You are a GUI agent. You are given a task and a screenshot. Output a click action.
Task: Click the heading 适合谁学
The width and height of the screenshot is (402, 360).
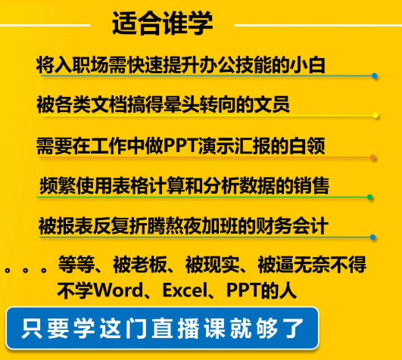tap(163, 23)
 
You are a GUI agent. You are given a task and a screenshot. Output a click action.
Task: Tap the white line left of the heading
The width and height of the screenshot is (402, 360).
tap(45, 25)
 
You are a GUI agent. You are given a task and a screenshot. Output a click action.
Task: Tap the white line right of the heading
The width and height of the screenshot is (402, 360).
tap(318, 25)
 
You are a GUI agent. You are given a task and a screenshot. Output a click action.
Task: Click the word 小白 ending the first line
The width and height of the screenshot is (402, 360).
tap(307, 65)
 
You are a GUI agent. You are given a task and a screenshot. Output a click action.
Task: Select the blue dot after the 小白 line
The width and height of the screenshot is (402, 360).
tap(374, 76)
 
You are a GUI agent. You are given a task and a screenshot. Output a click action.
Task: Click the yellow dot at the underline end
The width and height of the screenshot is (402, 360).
tap(376, 116)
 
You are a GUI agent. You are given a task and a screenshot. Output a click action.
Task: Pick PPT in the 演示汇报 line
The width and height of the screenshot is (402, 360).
tap(180, 146)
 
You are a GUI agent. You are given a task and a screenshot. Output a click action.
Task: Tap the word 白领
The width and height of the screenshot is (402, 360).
tap(307, 146)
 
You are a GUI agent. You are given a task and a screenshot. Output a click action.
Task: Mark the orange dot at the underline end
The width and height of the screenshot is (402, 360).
tap(373, 157)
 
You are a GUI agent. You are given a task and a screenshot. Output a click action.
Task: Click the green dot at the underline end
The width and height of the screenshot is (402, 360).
tap(369, 197)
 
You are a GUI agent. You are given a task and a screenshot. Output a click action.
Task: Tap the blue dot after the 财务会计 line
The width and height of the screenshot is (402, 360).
tap(372, 237)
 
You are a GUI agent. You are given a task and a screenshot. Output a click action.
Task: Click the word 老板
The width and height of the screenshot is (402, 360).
tap(149, 264)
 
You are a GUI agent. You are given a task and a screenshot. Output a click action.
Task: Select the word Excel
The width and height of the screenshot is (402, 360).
tap(185, 290)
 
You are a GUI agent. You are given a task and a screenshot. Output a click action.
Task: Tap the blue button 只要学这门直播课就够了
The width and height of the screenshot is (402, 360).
tap(162, 328)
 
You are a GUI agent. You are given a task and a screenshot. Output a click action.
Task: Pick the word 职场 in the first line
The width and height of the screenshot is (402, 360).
tap(90, 65)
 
